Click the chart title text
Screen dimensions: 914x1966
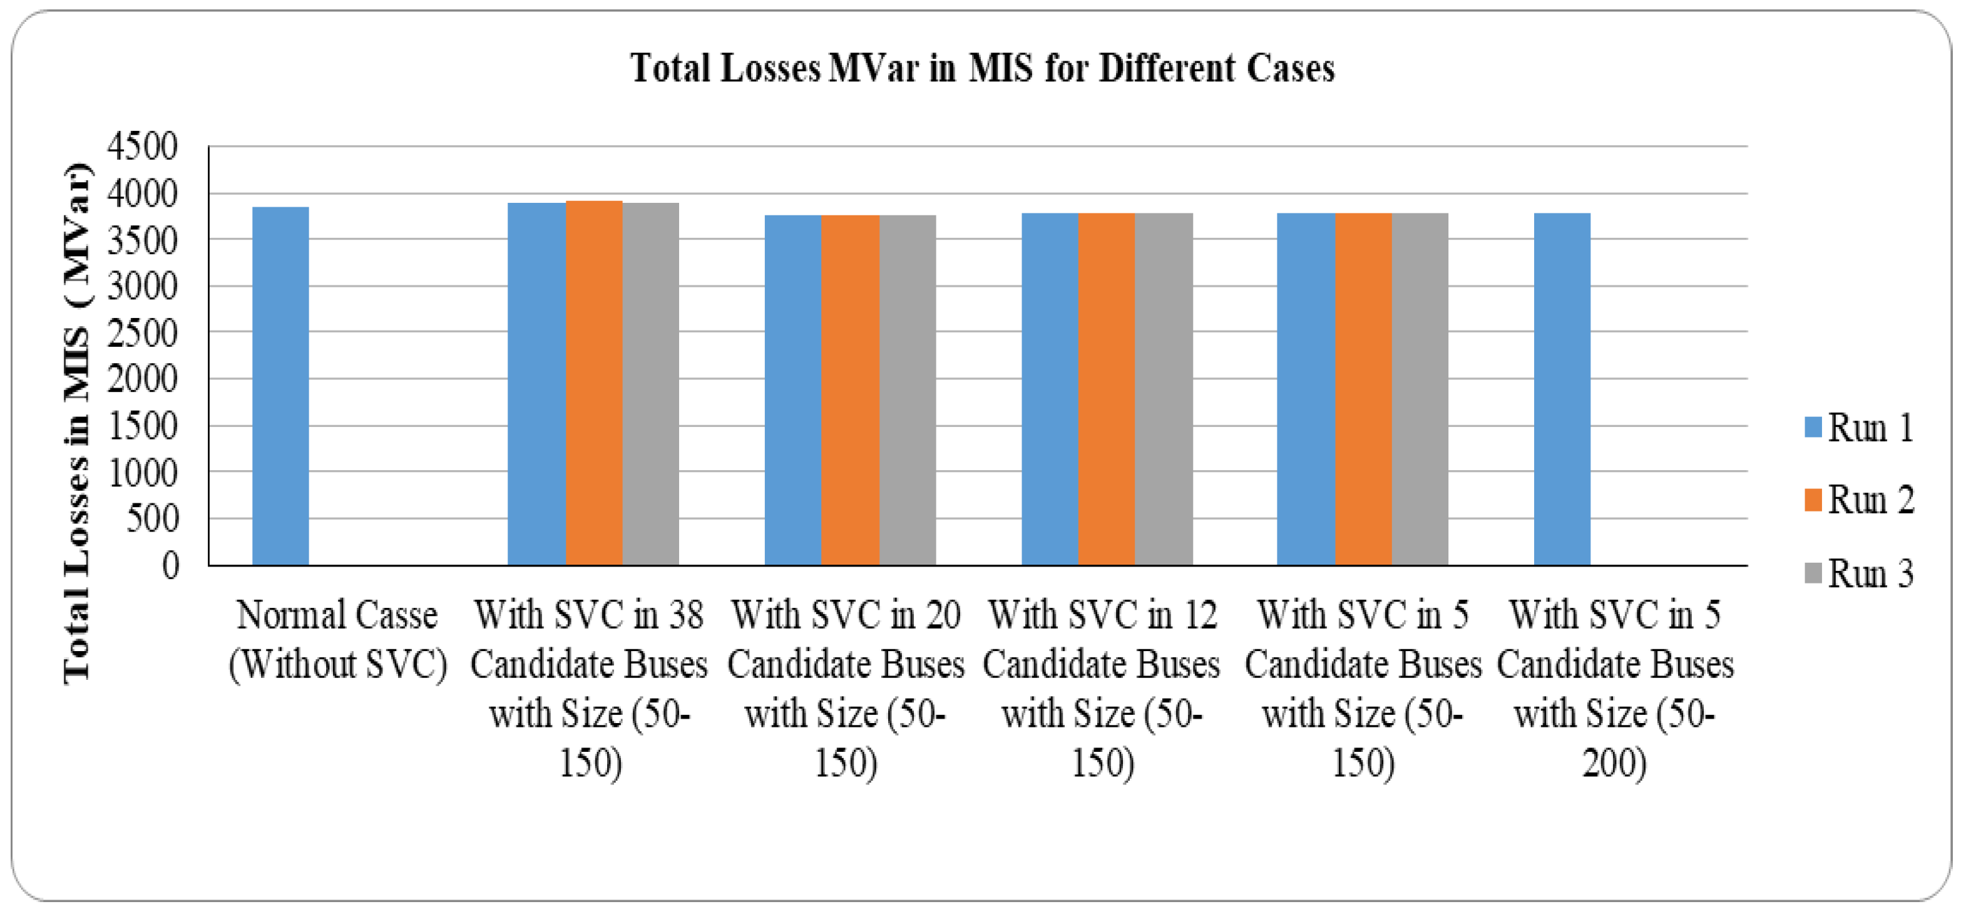click(x=981, y=68)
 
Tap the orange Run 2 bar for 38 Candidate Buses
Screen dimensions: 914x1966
click(x=594, y=382)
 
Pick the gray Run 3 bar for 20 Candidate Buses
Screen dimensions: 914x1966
click(x=908, y=389)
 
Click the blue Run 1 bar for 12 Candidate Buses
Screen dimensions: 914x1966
click(x=1050, y=389)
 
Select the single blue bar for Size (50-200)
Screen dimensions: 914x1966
click(x=1562, y=389)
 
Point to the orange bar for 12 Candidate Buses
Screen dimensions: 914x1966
click(x=1107, y=389)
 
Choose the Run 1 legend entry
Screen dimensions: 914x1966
click(x=1858, y=428)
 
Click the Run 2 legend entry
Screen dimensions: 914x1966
click(x=1858, y=500)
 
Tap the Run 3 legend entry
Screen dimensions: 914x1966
click(x=1858, y=573)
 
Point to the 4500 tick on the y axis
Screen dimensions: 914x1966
click(x=142, y=146)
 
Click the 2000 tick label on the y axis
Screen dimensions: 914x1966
click(x=142, y=379)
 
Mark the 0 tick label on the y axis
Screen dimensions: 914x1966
click(x=170, y=566)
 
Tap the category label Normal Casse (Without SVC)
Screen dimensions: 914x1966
click(x=337, y=639)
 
